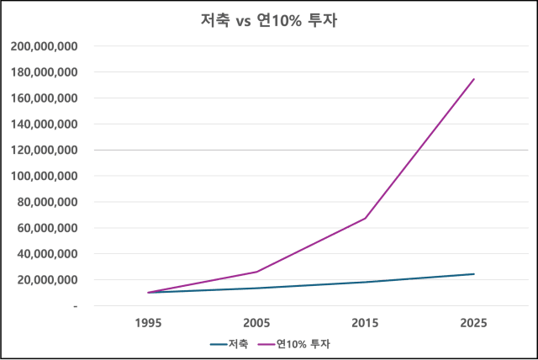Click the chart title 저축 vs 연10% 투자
pyautogui.click(x=269, y=18)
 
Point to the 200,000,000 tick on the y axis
pyautogui.click(x=46, y=46)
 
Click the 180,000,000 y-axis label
pyautogui.click(x=46, y=72)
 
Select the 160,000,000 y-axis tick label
pyautogui.click(x=46, y=98)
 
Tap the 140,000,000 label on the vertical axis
pyautogui.click(x=46, y=124)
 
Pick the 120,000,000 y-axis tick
pyautogui.click(x=46, y=151)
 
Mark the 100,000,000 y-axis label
pyautogui.click(x=46, y=177)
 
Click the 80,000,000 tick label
pyautogui.click(x=48, y=202)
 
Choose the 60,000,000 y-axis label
pyautogui.click(x=48, y=228)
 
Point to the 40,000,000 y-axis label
pyautogui.click(x=48, y=254)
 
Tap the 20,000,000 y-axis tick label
pyautogui.click(x=48, y=280)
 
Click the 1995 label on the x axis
pyautogui.click(x=148, y=322)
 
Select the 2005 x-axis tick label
pyautogui.click(x=256, y=322)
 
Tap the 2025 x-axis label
pyautogui.click(x=474, y=322)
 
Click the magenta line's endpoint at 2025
pyautogui.click(x=474, y=80)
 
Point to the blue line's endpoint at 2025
pyautogui.click(x=474, y=273)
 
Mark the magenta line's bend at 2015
pyautogui.click(x=366, y=218)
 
